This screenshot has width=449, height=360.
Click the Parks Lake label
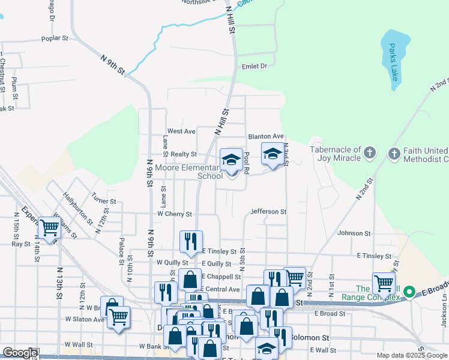click(x=393, y=62)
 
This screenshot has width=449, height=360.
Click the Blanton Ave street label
click(x=265, y=136)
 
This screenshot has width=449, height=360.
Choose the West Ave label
click(x=181, y=131)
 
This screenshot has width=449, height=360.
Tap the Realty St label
click(x=184, y=154)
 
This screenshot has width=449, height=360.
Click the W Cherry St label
click(x=174, y=214)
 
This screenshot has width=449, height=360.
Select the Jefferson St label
click(x=268, y=212)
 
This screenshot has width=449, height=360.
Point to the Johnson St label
click(x=354, y=233)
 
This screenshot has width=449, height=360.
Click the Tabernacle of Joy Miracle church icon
click(x=369, y=154)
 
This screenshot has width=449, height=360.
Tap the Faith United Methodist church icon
click(x=394, y=154)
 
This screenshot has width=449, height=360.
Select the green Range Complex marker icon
click(x=409, y=293)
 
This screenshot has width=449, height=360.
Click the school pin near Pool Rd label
click(x=231, y=160)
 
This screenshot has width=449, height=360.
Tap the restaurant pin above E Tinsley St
click(x=191, y=242)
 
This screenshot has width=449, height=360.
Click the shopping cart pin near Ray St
click(x=49, y=228)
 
